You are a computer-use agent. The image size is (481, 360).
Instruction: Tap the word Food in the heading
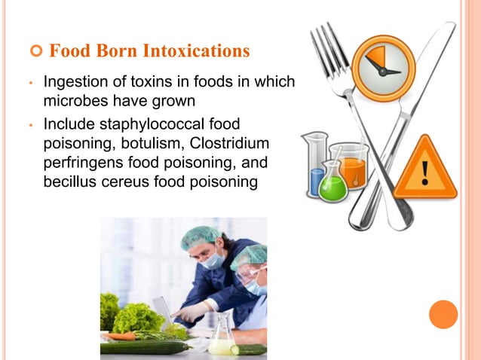click(66, 52)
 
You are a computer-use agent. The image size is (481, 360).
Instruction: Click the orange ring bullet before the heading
click(35, 52)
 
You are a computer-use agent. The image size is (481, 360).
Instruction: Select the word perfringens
click(80, 162)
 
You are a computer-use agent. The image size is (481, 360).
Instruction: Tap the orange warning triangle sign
click(426, 169)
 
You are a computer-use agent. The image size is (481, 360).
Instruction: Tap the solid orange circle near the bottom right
click(443, 314)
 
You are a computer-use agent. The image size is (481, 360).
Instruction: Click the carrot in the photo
click(121, 336)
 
